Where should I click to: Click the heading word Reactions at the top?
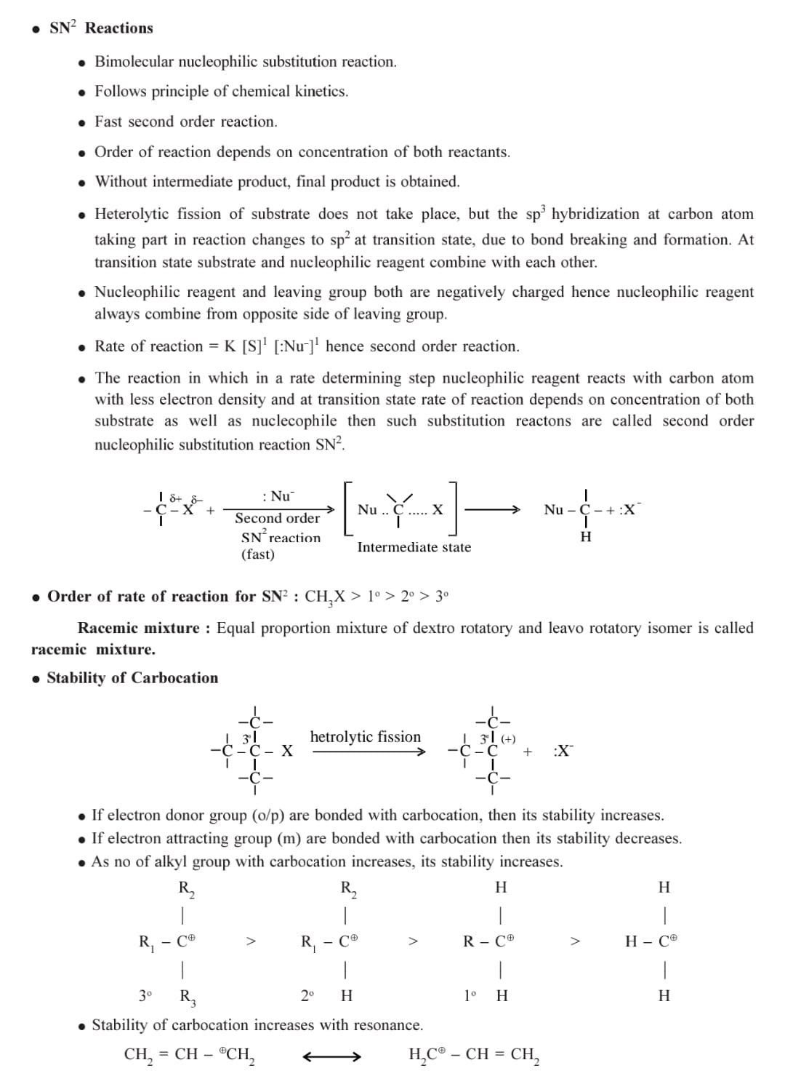(119, 28)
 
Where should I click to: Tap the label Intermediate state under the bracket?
(414, 547)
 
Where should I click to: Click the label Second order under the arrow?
(277, 518)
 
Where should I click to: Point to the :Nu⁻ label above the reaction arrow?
(278, 496)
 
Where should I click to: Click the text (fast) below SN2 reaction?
(258, 554)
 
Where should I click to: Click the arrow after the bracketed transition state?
(491, 509)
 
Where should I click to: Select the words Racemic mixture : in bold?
(144, 628)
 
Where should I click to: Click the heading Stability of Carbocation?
(132, 678)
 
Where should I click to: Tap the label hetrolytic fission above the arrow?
(365, 736)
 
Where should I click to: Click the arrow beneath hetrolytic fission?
(368, 752)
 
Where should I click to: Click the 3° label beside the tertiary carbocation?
(146, 995)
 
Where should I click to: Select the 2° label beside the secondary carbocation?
(308, 995)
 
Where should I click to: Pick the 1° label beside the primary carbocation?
(470, 995)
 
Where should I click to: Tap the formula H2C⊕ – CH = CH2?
(474, 1055)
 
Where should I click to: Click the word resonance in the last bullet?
(387, 1025)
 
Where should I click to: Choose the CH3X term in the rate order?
(325, 597)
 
